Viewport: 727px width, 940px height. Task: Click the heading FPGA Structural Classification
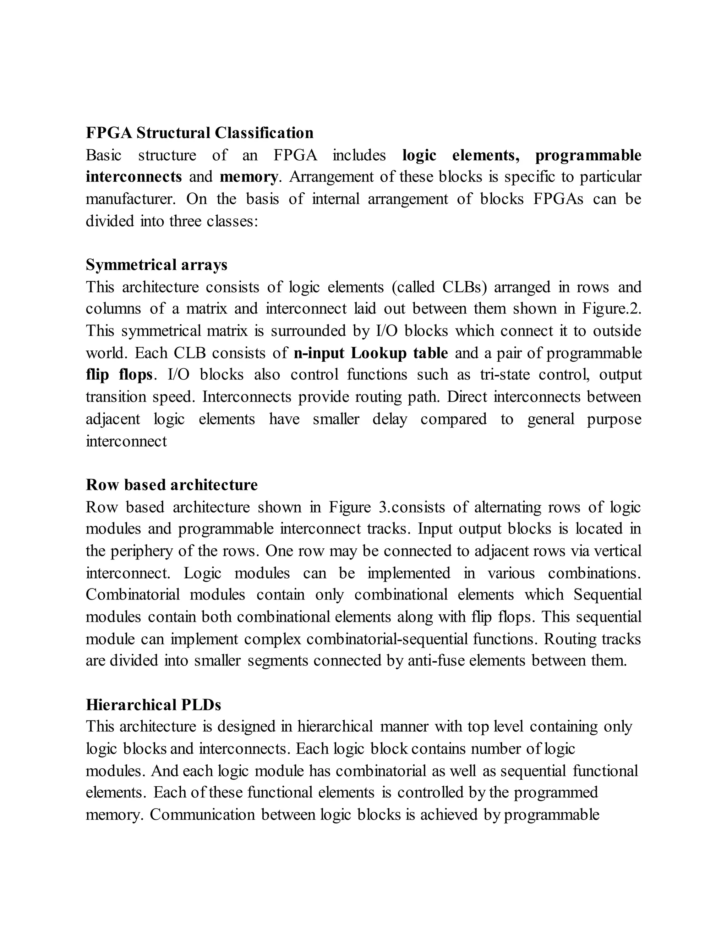click(x=199, y=133)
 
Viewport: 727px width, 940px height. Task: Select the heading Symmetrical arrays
click(x=156, y=265)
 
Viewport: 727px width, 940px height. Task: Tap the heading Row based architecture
click(x=171, y=485)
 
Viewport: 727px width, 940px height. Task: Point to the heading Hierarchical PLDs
click(x=153, y=704)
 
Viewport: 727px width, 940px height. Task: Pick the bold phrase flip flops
click(x=119, y=375)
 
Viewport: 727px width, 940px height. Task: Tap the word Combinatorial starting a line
click(x=133, y=595)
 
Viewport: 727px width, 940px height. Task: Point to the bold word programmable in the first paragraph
click(x=588, y=155)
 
